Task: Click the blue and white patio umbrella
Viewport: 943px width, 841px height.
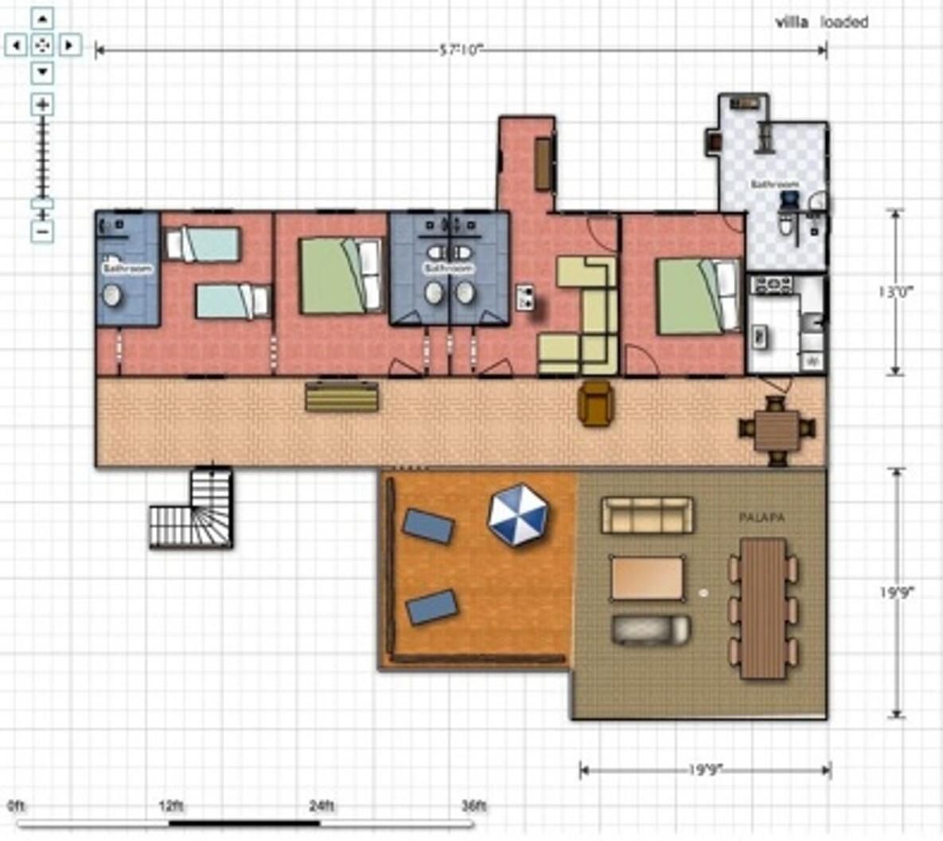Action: pos(517,515)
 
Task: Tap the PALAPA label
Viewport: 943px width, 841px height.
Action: pos(762,518)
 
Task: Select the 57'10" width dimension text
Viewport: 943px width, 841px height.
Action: pos(462,50)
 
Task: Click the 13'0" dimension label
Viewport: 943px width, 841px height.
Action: pos(896,291)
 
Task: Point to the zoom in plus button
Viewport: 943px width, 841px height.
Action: pos(42,104)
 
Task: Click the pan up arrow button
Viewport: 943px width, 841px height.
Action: pos(43,19)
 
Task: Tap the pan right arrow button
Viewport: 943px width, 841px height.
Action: pos(69,45)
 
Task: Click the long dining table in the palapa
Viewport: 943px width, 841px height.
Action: pos(762,608)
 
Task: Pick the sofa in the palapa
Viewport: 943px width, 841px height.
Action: pos(646,515)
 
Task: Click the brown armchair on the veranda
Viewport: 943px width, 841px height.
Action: pos(595,403)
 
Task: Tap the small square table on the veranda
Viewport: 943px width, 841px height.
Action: pos(777,429)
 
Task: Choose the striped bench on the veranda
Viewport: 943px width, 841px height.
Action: pos(341,397)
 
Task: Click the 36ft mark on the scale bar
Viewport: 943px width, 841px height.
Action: pos(473,806)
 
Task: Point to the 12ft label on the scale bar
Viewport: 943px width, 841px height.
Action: pos(171,806)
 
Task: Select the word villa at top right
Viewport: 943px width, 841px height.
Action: pos(792,22)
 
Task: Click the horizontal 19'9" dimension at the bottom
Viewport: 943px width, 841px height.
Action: pos(705,770)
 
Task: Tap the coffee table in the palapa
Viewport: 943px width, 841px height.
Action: pos(647,577)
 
